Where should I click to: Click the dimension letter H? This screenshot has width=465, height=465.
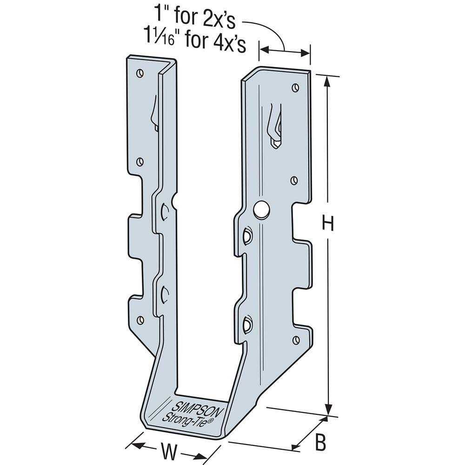pos(329,225)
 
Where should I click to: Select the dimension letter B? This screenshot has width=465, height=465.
pos(320,443)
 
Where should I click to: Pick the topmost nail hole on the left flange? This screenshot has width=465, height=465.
pos(139,73)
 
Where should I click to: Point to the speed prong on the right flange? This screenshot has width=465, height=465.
pos(275,126)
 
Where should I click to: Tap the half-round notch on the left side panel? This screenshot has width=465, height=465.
pos(174,201)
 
